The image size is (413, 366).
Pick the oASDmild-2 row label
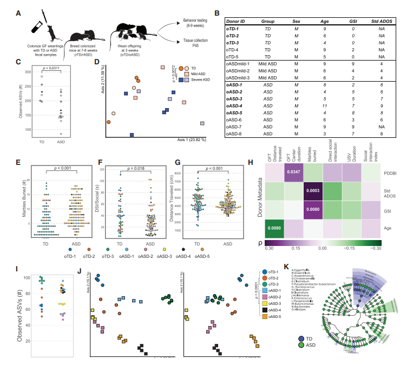point(240,70)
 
